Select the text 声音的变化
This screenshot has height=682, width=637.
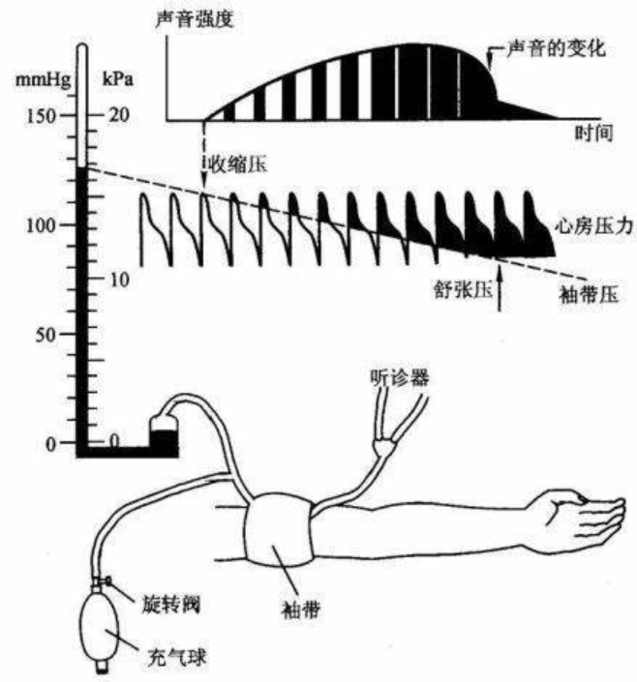click(559, 46)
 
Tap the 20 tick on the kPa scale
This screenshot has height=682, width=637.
click(119, 115)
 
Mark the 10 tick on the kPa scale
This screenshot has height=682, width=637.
click(119, 280)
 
